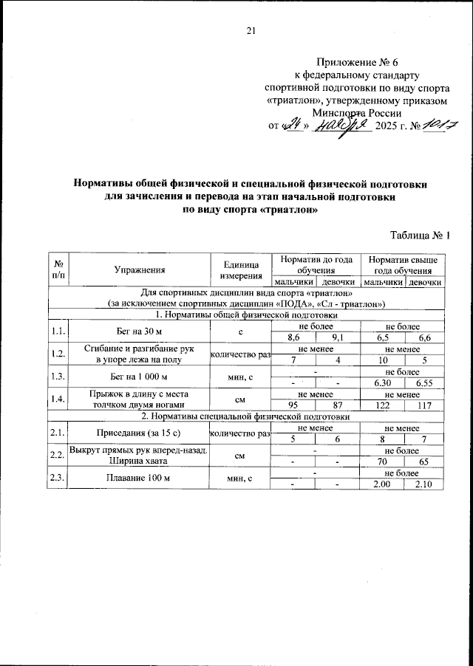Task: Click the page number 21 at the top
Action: pos(249,30)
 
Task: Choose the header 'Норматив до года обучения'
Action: pos(314,265)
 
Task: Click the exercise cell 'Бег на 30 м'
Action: pos(139,332)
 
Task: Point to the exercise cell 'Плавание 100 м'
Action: pos(139,478)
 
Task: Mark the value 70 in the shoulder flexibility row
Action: pos(382,461)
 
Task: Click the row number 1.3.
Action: pos(58,377)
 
